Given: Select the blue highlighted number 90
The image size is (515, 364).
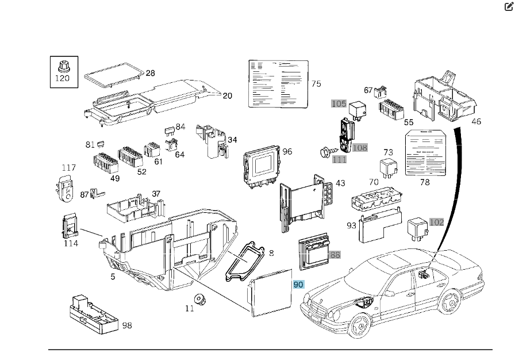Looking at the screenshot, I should (x=298, y=285).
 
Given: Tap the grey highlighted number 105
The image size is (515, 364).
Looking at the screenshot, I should (x=339, y=104).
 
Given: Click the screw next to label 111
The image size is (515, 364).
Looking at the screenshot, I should (x=324, y=152).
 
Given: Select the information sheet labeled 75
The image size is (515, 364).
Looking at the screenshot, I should (x=278, y=83).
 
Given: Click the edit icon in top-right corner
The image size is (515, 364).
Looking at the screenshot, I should (x=508, y=6).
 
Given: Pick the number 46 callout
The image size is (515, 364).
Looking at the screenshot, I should (x=476, y=121).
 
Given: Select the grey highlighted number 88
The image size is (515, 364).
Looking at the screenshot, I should (x=335, y=254).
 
